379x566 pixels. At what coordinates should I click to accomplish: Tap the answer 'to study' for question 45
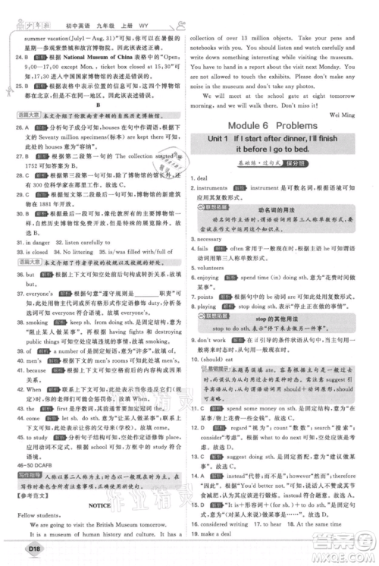coord(39,438)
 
